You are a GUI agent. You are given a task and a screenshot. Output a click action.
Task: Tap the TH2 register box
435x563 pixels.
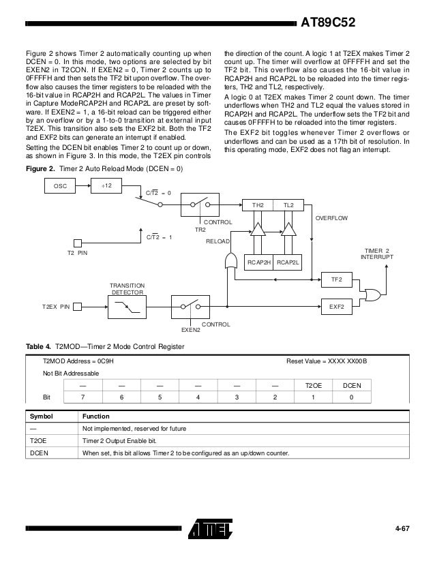[x=258, y=204]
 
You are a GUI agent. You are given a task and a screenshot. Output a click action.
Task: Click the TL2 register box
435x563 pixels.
[x=288, y=204]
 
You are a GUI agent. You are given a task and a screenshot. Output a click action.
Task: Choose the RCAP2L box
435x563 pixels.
[x=289, y=262]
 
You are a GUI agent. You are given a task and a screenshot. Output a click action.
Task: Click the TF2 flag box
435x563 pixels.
[x=336, y=279]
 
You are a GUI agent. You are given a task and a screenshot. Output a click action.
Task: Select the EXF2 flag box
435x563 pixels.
[x=336, y=307]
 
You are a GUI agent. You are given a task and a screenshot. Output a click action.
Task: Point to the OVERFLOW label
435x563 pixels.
[x=331, y=217]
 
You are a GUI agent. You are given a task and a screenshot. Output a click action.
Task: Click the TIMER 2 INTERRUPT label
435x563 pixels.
[x=377, y=254]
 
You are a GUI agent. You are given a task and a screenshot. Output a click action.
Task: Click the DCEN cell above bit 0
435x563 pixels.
[x=351, y=385]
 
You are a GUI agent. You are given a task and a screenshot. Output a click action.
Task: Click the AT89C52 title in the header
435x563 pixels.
[x=329, y=25]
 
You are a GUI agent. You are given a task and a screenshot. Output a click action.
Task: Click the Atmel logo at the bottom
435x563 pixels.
[x=211, y=529]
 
